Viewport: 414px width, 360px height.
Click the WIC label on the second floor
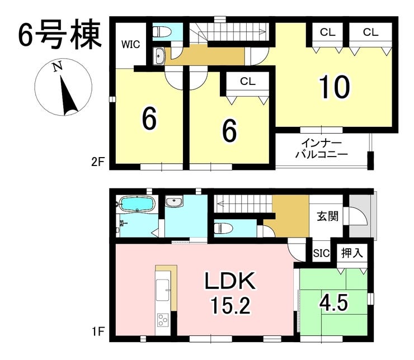tap(130, 44)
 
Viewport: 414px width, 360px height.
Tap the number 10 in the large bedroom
tap(334, 87)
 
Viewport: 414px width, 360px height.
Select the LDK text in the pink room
tap(230, 281)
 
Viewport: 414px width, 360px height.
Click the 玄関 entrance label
tap(327, 216)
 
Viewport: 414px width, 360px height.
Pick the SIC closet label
tap(321, 253)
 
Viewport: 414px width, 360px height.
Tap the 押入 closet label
tap(351, 253)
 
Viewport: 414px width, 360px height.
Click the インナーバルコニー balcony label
tap(321, 149)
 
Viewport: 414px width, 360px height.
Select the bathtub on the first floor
tap(137, 204)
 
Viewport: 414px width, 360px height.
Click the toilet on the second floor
tap(162, 32)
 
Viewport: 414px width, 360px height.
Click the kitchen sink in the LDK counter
tap(162, 290)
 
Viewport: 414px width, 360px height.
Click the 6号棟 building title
tap(60, 35)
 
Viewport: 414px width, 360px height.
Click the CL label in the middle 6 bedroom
tap(248, 82)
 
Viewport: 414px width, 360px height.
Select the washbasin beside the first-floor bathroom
tap(173, 202)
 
